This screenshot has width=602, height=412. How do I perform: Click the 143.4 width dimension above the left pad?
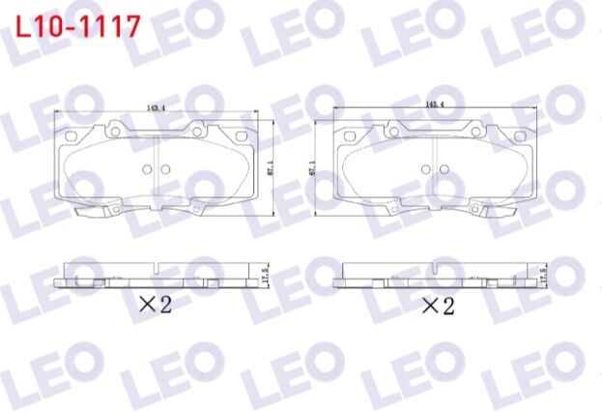click(156, 108)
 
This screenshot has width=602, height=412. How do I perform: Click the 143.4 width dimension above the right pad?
click(433, 103)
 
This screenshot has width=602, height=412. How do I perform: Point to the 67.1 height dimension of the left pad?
click(271, 168)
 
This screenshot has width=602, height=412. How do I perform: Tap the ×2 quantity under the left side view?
click(155, 305)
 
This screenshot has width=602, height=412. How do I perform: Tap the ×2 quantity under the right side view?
click(437, 307)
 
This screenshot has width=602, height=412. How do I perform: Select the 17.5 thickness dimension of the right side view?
click(543, 273)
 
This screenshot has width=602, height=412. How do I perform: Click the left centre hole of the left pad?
click(147, 169)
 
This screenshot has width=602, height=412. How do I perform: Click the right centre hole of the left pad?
click(164, 169)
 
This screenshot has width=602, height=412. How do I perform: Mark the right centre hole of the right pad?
click(445, 167)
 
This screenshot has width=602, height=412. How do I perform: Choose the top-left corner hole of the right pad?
click(396, 125)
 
